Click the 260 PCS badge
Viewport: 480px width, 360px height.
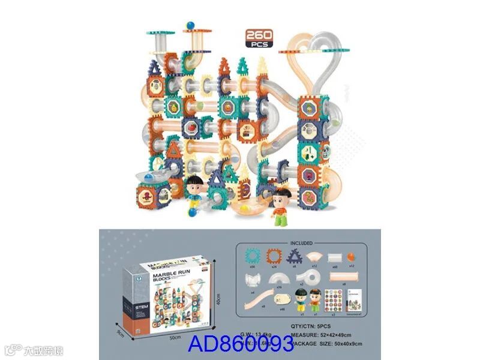259,37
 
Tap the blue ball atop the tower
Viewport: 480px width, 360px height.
190,25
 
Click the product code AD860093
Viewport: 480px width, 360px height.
241,344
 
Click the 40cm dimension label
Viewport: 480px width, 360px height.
220,298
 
